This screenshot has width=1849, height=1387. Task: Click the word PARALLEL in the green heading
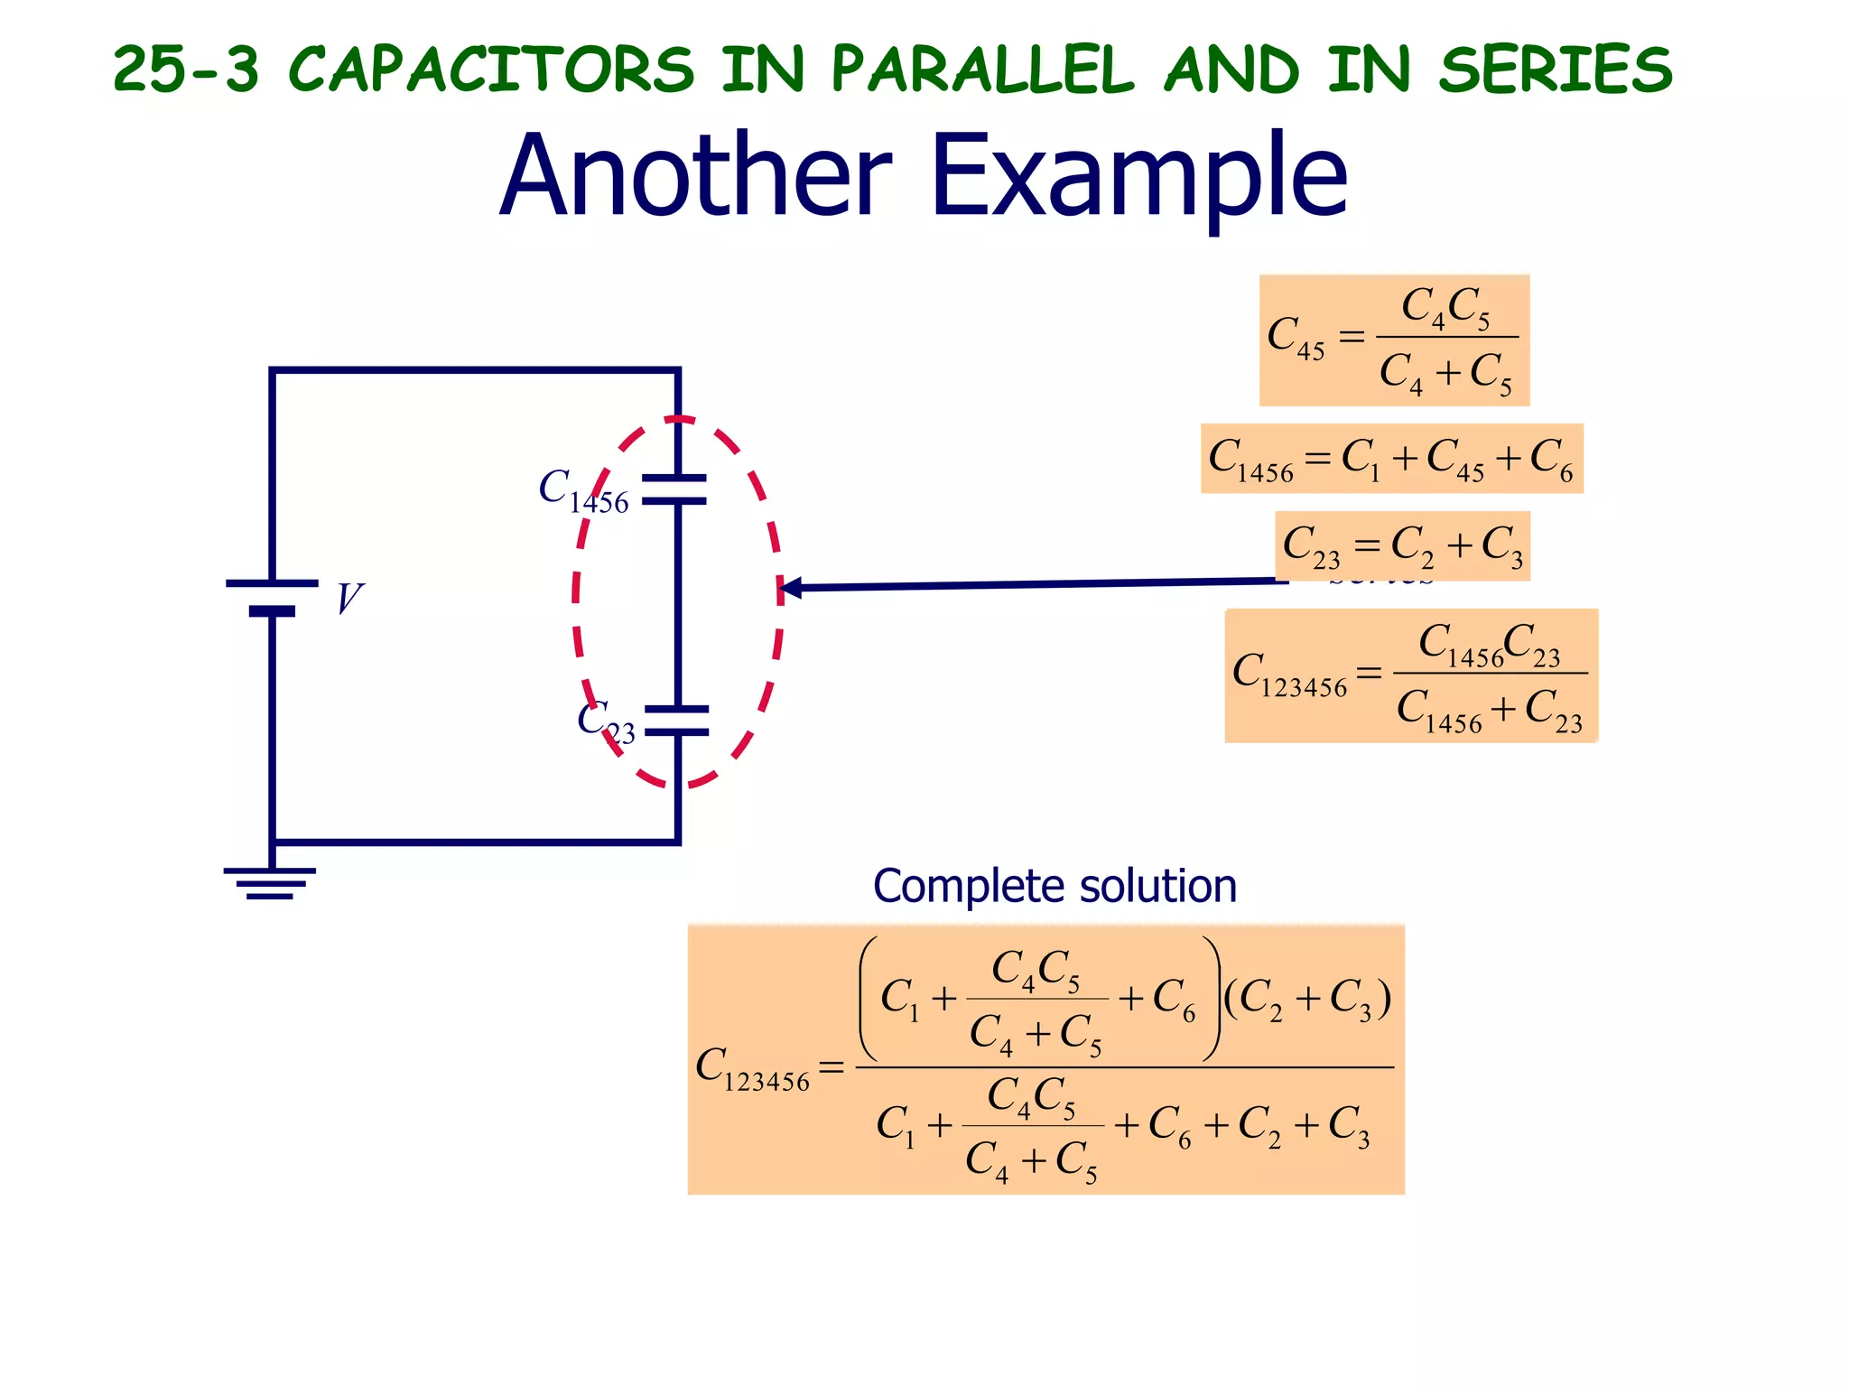tap(982, 70)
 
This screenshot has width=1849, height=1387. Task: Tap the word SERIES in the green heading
tap(1555, 70)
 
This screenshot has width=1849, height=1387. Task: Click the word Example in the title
tap(1139, 176)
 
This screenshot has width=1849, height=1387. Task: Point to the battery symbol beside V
tap(272, 597)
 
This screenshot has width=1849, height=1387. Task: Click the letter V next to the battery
tap(348, 599)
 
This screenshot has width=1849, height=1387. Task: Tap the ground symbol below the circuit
tap(270, 882)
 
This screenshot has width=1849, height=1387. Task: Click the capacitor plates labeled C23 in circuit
tap(677, 721)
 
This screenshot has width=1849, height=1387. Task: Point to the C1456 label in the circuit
tap(583, 492)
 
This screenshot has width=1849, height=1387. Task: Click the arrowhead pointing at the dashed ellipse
tap(789, 589)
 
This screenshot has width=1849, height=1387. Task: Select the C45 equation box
tap(1393, 340)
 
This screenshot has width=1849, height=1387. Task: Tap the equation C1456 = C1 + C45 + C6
tap(1391, 459)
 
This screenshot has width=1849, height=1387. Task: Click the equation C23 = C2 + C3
tap(1402, 546)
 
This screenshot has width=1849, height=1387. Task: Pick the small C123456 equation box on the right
tap(1410, 676)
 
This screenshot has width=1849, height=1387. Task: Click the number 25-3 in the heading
tap(186, 70)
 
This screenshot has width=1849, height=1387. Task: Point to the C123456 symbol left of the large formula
tap(753, 1069)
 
